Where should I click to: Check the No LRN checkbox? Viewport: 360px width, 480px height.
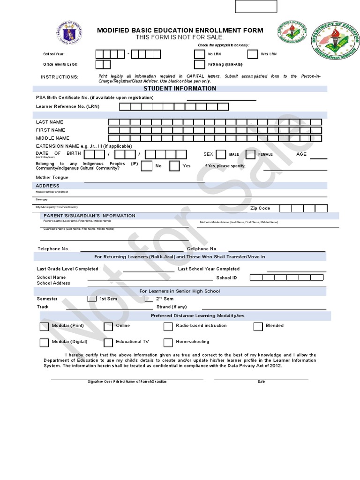pyautogui.click(x=199, y=54)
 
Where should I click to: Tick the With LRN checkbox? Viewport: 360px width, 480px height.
pyautogui.click(x=253, y=54)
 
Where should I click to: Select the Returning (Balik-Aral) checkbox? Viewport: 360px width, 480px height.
pyautogui.click(x=199, y=65)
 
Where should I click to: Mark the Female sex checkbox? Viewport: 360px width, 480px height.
pyautogui.click(x=250, y=154)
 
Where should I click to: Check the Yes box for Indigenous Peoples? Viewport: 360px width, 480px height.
pyautogui.click(x=174, y=166)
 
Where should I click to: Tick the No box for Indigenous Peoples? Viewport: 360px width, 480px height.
pyautogui.click(x=147, y=166)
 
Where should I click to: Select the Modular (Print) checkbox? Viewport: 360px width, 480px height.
pyautogui.click(x=44, y=327)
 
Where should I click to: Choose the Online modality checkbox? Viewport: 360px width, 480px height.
pyautogui.click(x=108, y=327)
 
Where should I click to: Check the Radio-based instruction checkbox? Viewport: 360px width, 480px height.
pyautogui.click(x=168, y=327)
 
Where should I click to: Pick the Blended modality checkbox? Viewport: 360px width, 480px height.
pyautogui.click(x=258, y=327)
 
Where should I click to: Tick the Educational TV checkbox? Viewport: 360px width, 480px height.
pyautogui.click(x=108, y=343)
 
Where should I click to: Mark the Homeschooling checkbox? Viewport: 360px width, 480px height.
pyautogui.click(x=168, y=343)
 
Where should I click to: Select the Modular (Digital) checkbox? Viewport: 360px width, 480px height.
pyautogui.click(x=44, y=343)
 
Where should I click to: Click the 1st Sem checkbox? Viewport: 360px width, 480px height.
pyautogui.click(x=91, y=299)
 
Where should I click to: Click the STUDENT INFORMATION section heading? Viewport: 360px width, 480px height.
pyautogui.click(x=180, y=89)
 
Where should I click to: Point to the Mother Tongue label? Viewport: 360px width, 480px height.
pyautogui.click(x=52, y=178)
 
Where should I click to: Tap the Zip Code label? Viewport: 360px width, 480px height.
pyautogui.click(x=260, y=208)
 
